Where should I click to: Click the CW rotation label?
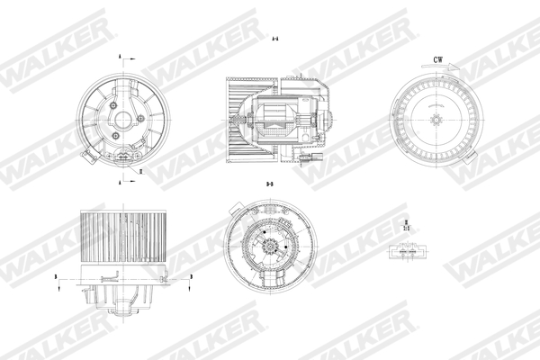438,59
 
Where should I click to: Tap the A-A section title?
274,40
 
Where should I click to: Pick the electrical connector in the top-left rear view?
121,160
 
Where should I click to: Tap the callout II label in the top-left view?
140,168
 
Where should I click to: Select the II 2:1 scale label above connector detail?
407,224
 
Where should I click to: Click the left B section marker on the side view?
56,280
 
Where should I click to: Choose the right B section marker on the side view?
190,280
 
